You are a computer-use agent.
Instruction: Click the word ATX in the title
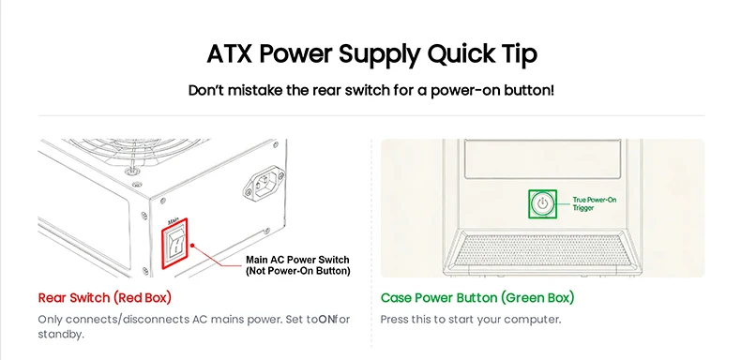coord(230,53)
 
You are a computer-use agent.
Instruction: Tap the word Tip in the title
coord(520,54)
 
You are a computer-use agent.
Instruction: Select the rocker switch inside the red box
coord(174,244)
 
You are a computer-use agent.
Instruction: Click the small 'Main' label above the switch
coord(174,220)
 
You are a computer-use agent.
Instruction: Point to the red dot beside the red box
coord(193,246)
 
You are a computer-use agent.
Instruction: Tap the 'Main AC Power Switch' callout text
coord(297,260)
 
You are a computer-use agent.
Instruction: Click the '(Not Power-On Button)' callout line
coord(297,271)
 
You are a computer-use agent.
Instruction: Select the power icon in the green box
coord(542,204)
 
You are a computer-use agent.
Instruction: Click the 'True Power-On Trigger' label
coord(595,203)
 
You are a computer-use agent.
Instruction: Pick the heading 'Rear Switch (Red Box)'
coord(104,297)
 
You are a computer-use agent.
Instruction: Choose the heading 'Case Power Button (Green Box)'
coord(477,297)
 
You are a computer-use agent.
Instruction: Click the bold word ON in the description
coord(326,320)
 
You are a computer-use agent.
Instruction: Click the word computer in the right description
coord(537,320)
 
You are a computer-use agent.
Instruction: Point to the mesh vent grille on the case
coord(540,249)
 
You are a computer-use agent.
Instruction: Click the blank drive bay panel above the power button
coord(542,158)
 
